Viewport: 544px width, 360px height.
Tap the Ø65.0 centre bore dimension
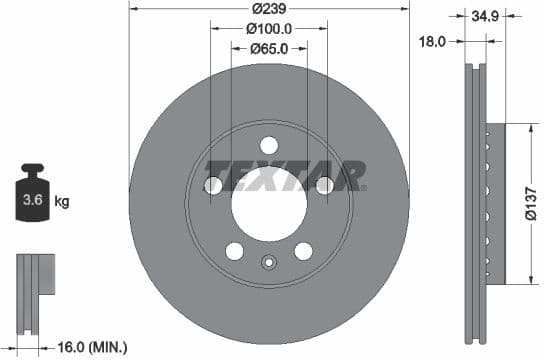[268, 47]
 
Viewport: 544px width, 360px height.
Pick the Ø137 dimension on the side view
[529, 204]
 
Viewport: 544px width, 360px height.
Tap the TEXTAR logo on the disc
[284, 176]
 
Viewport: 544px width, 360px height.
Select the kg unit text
[62, 202]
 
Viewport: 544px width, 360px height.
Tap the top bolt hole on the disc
[268, 144]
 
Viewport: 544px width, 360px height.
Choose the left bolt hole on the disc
[213, 185]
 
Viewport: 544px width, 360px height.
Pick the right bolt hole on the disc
[324, 185]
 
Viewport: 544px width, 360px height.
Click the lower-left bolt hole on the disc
[234, 250]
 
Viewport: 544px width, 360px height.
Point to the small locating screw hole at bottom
[268, 263]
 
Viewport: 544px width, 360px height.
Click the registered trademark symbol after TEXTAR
[364, 187]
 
